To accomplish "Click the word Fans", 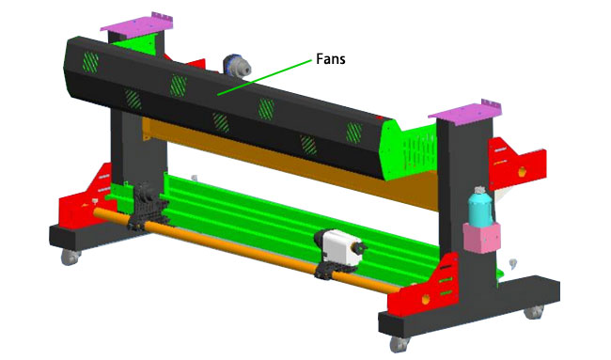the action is [x=331, y=59].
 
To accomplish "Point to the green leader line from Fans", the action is [x=264, y=77].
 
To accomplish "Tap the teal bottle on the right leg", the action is [x=479, y=206].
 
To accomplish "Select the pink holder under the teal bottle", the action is [x=481, y=237].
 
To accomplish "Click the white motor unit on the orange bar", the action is [x=339, y=246].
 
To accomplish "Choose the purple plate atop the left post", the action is [x=136, y=23].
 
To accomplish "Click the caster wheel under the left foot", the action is [x=70, y=257].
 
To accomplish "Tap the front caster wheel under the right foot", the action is [x=399, y=344].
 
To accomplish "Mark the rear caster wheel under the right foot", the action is [x=534, y=312].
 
